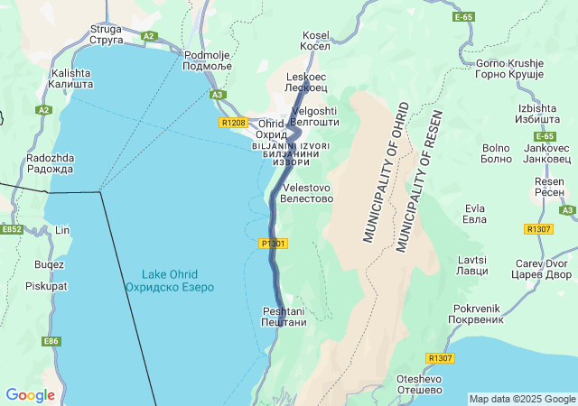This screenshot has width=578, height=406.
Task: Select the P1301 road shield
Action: (273, 244)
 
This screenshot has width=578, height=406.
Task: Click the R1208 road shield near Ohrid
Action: (233, 122)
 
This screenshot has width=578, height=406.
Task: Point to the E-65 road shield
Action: (463, 17)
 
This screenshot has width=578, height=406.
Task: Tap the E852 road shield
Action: (12, 230)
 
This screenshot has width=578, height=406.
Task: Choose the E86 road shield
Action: (51, 341)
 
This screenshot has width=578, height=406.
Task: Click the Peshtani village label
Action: (284, 317)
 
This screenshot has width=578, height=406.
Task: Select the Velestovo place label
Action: (307, 193)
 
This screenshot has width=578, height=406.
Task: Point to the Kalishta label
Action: (71, 78)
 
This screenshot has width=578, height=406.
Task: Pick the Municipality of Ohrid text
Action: (387, 172)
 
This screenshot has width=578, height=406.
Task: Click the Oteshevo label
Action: (418, 384)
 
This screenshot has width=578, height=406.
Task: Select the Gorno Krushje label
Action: (509, 69)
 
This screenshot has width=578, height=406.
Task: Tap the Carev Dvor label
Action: (544, 269)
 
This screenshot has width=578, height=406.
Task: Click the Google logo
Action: (30, 394)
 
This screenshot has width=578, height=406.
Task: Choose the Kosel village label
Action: (316, 40)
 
